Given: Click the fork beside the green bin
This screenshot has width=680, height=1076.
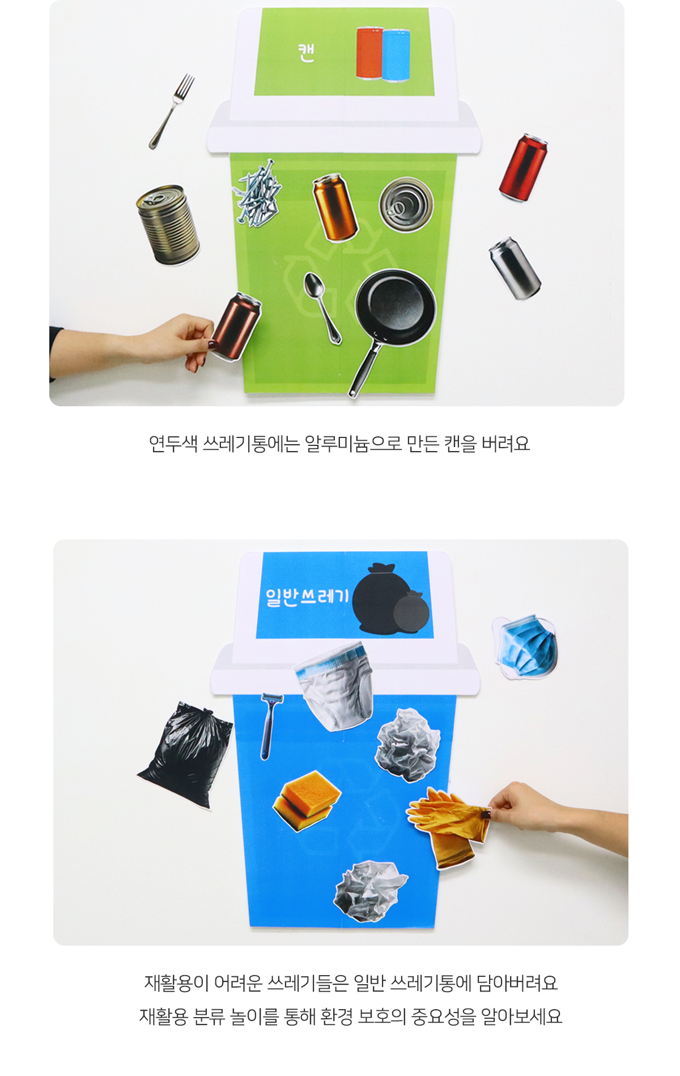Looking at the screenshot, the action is (x=172, y=111).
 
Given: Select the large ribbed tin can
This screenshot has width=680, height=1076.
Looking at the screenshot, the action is (x=168, y=224).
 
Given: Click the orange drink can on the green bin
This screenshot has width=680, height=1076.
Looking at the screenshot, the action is (x=335, y=207).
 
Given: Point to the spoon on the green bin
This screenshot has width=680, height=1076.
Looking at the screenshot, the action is (x=322, y=307).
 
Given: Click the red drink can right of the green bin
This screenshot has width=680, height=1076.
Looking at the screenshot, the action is (x=522, y=168).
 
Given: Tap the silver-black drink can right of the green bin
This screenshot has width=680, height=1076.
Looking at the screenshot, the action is (x=515, y=268).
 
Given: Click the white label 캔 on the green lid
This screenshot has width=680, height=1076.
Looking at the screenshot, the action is (x=306, y=52).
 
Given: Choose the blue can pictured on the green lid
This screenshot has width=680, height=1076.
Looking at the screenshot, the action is (x=396, y=55).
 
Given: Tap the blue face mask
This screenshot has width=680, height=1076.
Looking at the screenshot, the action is (x=526, y=647).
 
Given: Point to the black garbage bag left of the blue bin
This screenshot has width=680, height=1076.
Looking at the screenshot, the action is (x=185, y=753).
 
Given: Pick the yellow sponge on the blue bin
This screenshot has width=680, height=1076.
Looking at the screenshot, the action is (x=307, y=800).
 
